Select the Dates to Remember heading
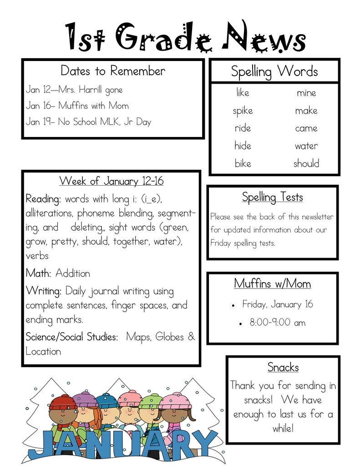coord(113,71)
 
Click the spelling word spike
coord(243,111)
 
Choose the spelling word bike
coord(243,163)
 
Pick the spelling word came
coord(306,128)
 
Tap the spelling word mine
coord(306,93)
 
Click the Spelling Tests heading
coord(272,197)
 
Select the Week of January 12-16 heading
coord(112,181)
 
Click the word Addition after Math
coord(73,274)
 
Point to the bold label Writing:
coord(44,291)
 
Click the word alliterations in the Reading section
coord(50,213)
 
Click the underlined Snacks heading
coord(283,367)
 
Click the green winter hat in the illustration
coord(150,402)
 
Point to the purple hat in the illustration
coord(85,400)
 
